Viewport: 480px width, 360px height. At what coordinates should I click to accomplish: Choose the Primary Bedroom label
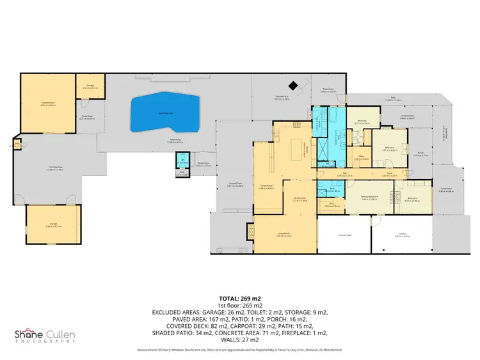(x=370, y=198)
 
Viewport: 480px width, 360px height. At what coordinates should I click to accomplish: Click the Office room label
(x=361, y=157)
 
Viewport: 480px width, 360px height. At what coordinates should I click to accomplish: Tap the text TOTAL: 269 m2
(x=239, y=298)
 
